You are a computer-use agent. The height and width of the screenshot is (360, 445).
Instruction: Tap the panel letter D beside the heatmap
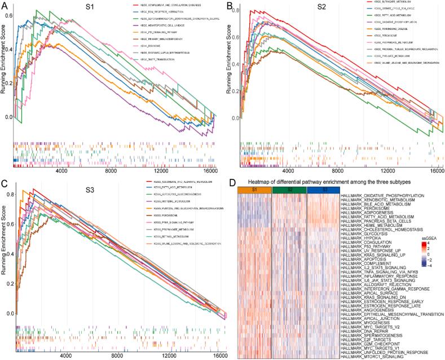[233, 182]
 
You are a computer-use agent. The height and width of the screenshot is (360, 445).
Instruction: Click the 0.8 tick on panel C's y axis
[8, 194]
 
